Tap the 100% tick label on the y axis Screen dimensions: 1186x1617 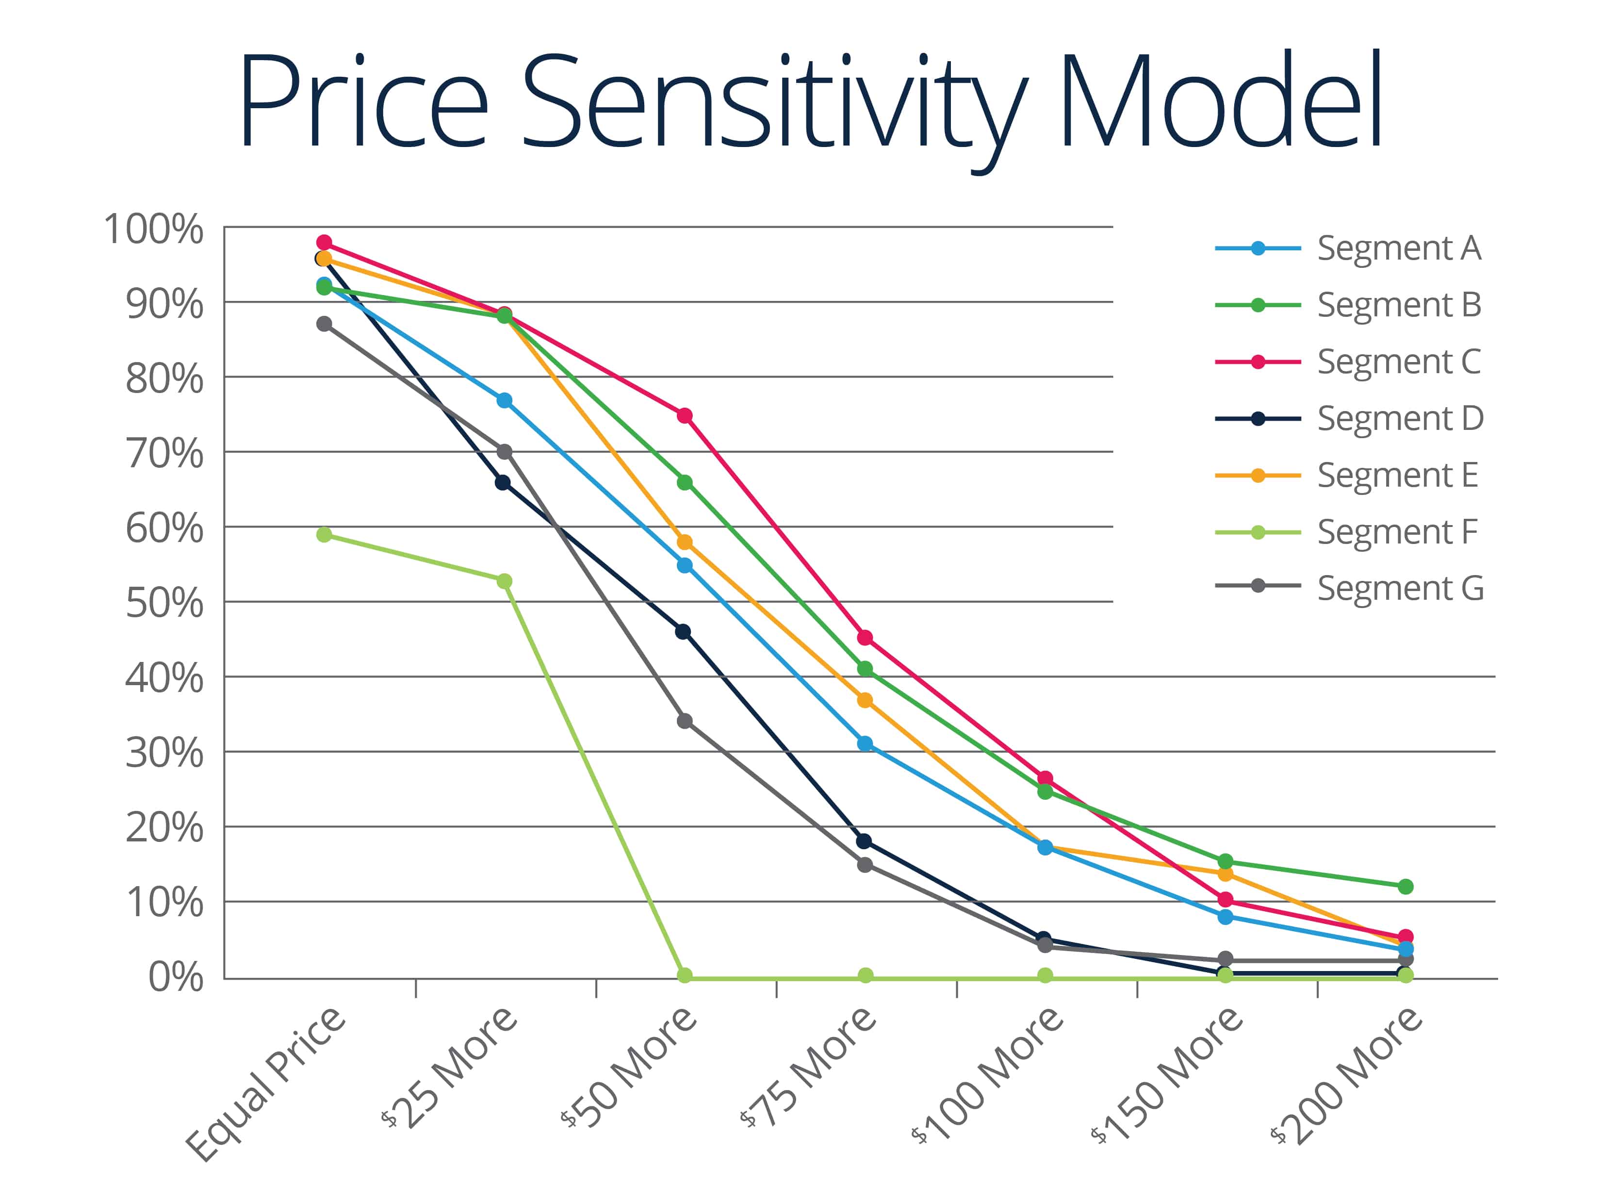coord(154,230)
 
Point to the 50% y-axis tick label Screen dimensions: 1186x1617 coord(164,603)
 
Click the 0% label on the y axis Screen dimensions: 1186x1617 coord(176,977)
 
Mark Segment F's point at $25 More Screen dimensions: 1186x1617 coord(505,581)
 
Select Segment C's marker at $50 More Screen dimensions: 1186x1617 coord(685,416)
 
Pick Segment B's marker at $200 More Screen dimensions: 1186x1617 coord(1405,887)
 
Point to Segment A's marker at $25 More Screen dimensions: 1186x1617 coord(505,400)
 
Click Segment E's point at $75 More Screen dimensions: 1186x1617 coord(865,700)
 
